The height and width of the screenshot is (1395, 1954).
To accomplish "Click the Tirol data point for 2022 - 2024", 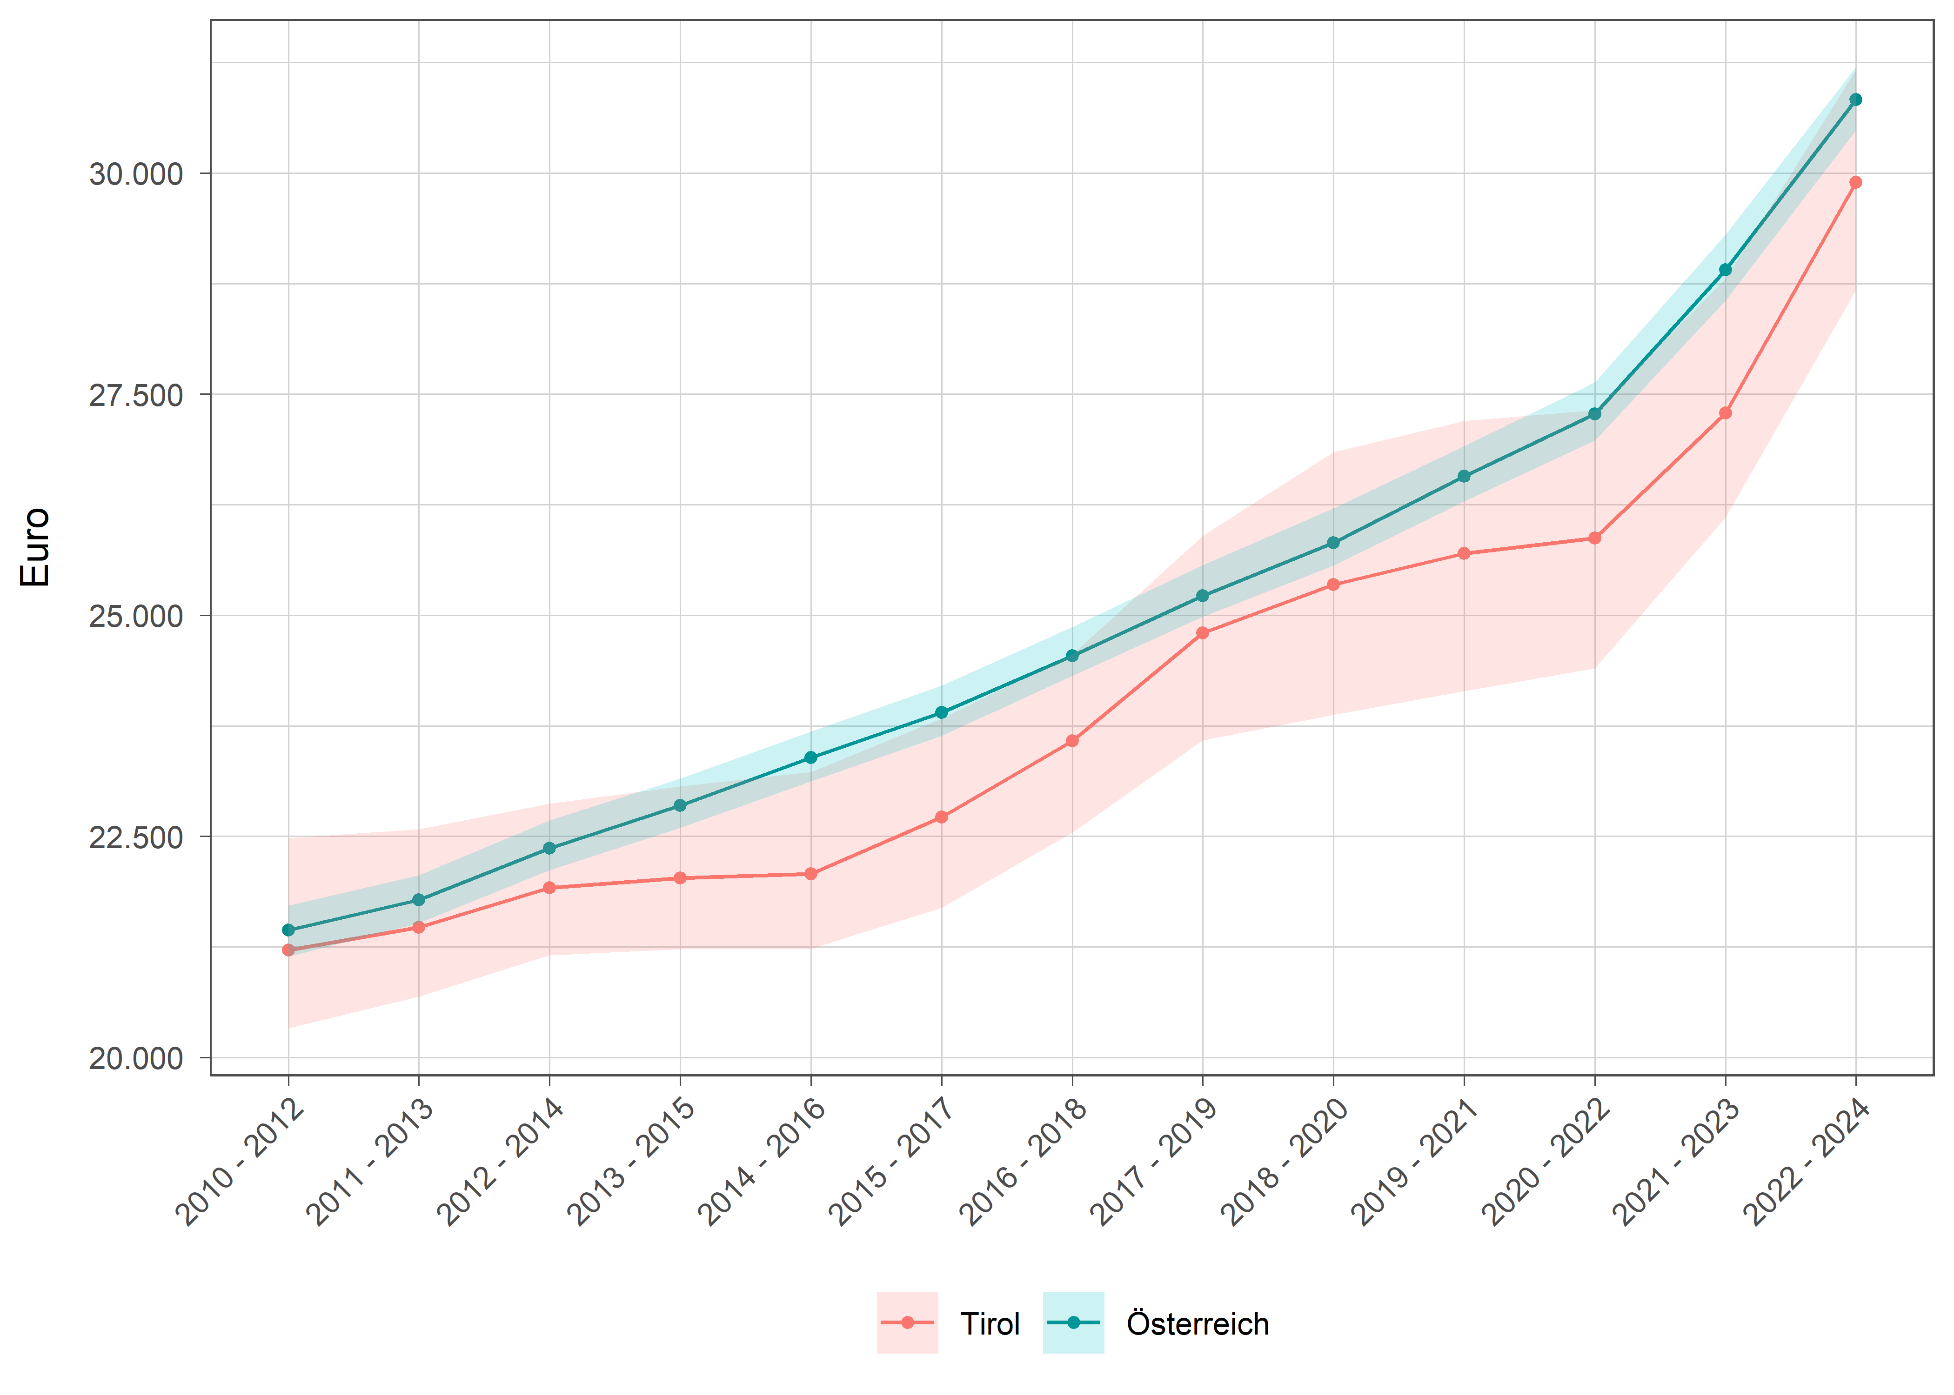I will [1855, 182].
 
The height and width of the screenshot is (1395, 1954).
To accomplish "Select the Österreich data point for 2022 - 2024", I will [1855, 100].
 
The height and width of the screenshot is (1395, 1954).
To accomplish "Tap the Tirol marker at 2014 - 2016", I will [810, 874].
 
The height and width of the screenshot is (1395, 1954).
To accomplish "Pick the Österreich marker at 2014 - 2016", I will [810, 757].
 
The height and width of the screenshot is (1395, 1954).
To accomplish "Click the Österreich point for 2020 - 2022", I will [1594, 414].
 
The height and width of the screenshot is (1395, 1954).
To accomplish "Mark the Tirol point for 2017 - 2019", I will [1202, 633].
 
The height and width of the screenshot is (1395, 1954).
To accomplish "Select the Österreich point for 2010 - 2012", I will [289, 930].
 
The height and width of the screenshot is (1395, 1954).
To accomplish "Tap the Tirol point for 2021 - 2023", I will [1725, 413].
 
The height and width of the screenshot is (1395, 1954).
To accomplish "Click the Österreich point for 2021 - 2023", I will [1725, 270].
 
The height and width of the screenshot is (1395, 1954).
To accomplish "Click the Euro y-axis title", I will [36, 547].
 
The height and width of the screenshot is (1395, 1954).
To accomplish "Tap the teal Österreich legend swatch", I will [1073, 1323].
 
